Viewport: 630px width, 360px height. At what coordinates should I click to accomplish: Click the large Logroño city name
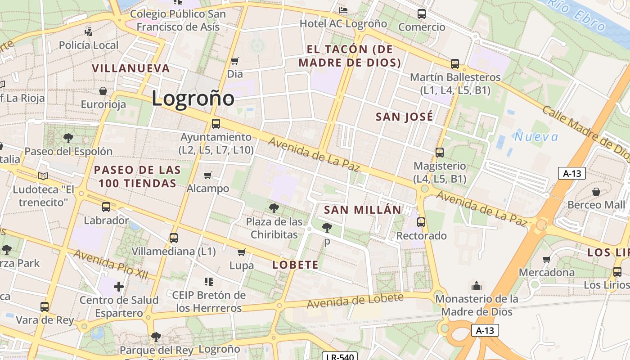pos(193,99)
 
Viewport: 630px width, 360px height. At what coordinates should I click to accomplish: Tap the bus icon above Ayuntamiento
pos(216,123)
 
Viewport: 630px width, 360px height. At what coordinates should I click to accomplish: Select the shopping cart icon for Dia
pos(234,61)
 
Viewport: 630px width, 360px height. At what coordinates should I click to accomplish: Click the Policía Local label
pos(89,45)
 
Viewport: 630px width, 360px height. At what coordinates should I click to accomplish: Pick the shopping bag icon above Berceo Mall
pos(596,192)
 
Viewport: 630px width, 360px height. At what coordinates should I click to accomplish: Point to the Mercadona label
pos(547,272)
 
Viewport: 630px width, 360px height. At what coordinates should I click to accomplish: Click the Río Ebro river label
pos(577,15)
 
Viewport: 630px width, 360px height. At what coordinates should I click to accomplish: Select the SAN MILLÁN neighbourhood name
pos(362,210)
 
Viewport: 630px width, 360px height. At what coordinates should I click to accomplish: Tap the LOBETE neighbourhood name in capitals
pos(296,265)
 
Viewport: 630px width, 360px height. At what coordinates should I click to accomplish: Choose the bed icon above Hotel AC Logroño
pos(343,10)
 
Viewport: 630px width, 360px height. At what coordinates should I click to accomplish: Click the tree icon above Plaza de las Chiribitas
pos(274,208)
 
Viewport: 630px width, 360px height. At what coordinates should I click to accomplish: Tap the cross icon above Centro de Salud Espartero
pos(119,286)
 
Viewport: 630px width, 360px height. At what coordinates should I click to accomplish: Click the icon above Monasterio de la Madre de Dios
pos(477,286)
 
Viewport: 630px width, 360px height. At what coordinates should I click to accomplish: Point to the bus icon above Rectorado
pos(421,222)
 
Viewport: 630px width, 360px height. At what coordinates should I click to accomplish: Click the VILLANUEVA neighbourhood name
pos(131,68)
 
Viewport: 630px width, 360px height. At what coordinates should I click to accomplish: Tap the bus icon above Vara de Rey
pos(45,307)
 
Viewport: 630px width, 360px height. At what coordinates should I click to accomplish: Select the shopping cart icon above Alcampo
pos(208,175)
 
